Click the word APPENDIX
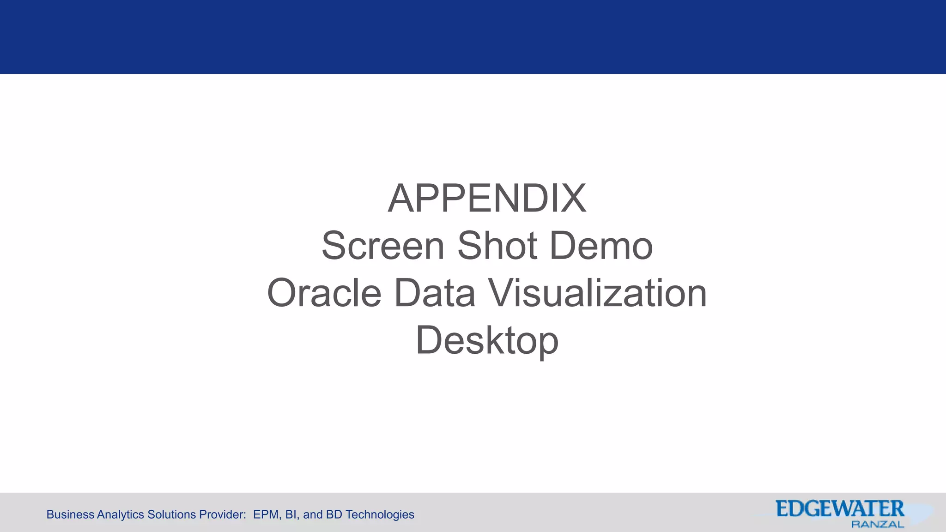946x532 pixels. pyautogui.click(x=487, y=199)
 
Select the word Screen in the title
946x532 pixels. pyautogui.click(x=383, y=246)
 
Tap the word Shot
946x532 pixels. pyautogui.click(x=497, y=246)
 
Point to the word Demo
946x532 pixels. pyautogui.click(x=601, y=246)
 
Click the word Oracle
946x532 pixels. pyautogui.click(x=324, y=293)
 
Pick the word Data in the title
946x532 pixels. pyautogui.click(x=435, y=293)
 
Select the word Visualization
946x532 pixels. pyautogui.click(x=598, y=293)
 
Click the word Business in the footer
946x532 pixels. pyautogui.click(x=70, y=514)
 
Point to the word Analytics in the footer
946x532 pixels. pyautogui.click(x=121, y=514)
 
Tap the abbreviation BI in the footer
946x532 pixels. pyautogui.click(x=291, y=514)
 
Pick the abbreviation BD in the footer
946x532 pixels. pyautogui.click(x=334, y=514)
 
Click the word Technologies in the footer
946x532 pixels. pyautogui.click(x=380, y=514)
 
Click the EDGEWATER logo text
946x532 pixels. pyautogui.click(x=840, y=509)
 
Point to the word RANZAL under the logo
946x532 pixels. pyautogui.click(x=877, y=525)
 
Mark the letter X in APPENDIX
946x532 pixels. pyautogui.click(x=572, y=199)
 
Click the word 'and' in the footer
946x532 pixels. pyautogui.click(x=313, y=514)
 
